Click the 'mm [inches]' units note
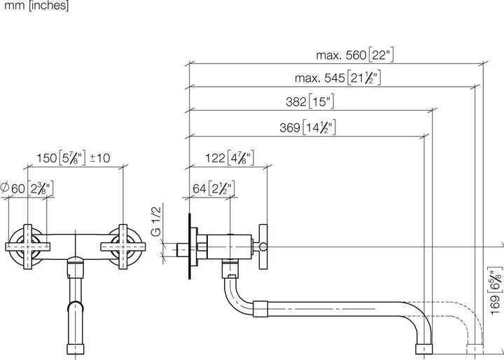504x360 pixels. [34, 6]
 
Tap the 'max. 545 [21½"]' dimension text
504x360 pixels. [339, 78]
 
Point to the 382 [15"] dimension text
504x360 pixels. [309, 102]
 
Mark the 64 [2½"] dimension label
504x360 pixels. [213, 188]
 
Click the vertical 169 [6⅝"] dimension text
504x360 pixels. [496, 294]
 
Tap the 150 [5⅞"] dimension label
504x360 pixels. [61, 158]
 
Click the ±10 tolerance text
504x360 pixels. [100, 158]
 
